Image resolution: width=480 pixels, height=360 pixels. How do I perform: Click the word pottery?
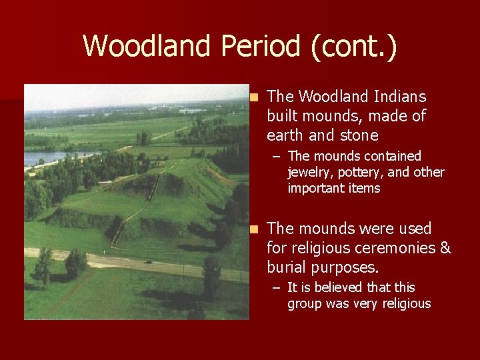(x=361, y=172)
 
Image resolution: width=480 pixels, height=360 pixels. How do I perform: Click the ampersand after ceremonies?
(x=445, y=248)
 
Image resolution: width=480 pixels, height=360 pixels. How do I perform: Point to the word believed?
(x=345, y=287)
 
